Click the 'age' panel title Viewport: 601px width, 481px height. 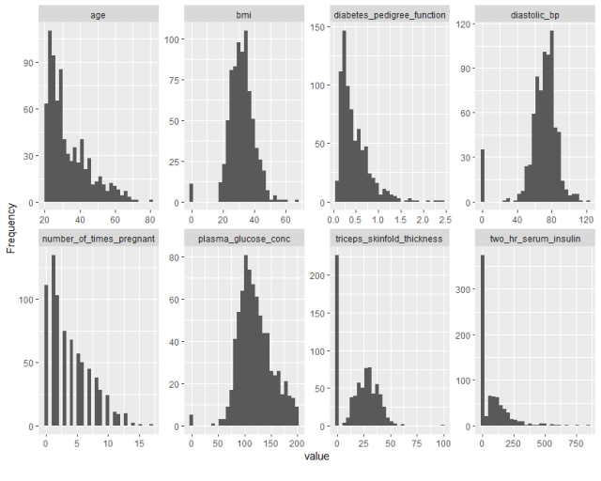coord(98,15)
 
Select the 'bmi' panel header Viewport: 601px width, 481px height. coord(243,15)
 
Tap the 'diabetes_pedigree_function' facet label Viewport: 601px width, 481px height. coord(390,15)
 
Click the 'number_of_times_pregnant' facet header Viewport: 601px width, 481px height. coord(98,239)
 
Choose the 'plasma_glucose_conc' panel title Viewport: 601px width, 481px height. coord(243,239)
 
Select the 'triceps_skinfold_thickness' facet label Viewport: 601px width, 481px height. coord(390,239)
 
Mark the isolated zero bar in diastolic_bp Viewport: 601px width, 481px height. coord(483,176)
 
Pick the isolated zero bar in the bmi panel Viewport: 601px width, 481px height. coord(191,193)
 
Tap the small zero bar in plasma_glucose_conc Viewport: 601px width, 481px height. coord(191,420)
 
